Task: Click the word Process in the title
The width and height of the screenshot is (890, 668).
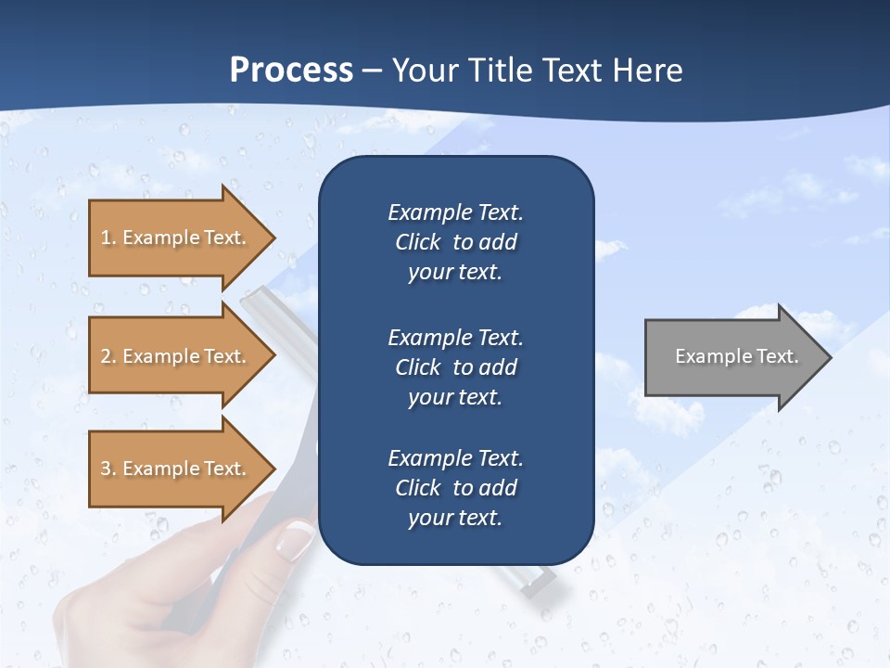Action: (291, 70)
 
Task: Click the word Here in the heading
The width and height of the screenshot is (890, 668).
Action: (648, 70)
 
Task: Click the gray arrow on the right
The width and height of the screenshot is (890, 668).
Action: (732, 356)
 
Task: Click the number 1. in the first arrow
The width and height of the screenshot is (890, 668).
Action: (108, 238)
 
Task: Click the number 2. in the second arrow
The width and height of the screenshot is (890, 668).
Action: (108, 356)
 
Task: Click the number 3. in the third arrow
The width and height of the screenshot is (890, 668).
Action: (108, 469)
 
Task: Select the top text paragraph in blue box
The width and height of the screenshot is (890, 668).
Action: (455, 242)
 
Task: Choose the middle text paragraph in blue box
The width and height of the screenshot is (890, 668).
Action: (455, 367)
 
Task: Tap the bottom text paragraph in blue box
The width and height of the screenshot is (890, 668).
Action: (455, 488)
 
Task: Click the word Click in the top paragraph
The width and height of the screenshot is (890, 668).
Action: (417, 242)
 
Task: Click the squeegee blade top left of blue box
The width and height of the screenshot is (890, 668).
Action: (269, 306)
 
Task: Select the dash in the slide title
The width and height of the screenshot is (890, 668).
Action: (372, 71)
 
